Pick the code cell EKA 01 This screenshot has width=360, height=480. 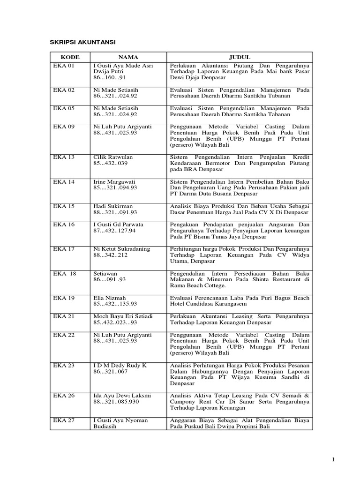(64, 66)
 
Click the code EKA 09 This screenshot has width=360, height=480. (64, 127)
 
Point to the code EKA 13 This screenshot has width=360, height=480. (64, 157)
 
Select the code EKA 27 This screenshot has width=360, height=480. (64, 420)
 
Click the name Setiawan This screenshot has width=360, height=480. (105, 273)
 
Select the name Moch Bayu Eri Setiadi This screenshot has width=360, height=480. (123, 316)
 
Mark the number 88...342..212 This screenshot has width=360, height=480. (111, 255)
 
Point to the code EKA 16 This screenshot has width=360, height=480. (64, 225)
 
